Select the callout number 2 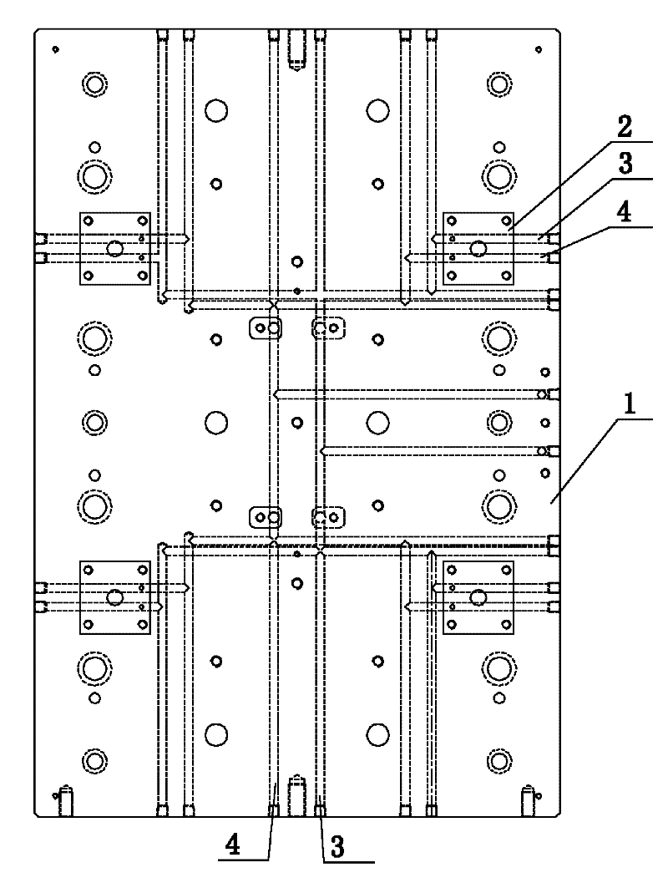click(x=624, y=131)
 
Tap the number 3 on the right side click(x=624, y=165)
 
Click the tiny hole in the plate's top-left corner click(x=54, y=49)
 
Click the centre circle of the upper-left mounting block click(x=115, y=248)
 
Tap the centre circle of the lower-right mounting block click(x=478, y=596)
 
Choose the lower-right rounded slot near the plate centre click(x=328, y=518)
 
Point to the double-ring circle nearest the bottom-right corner click(x=498, y=760)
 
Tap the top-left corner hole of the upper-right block click(x=453, y=221)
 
